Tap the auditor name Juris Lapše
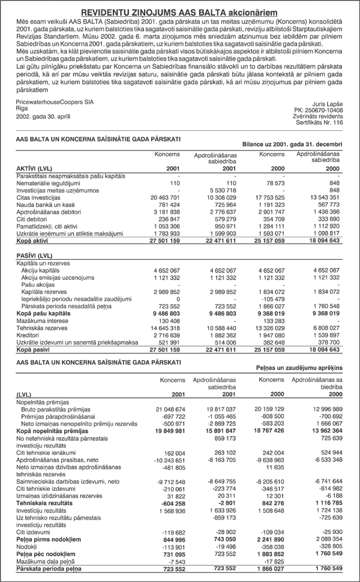pyautogui.click(x=326, y=103)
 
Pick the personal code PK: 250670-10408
pyautogui.click(x=319, y=109)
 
